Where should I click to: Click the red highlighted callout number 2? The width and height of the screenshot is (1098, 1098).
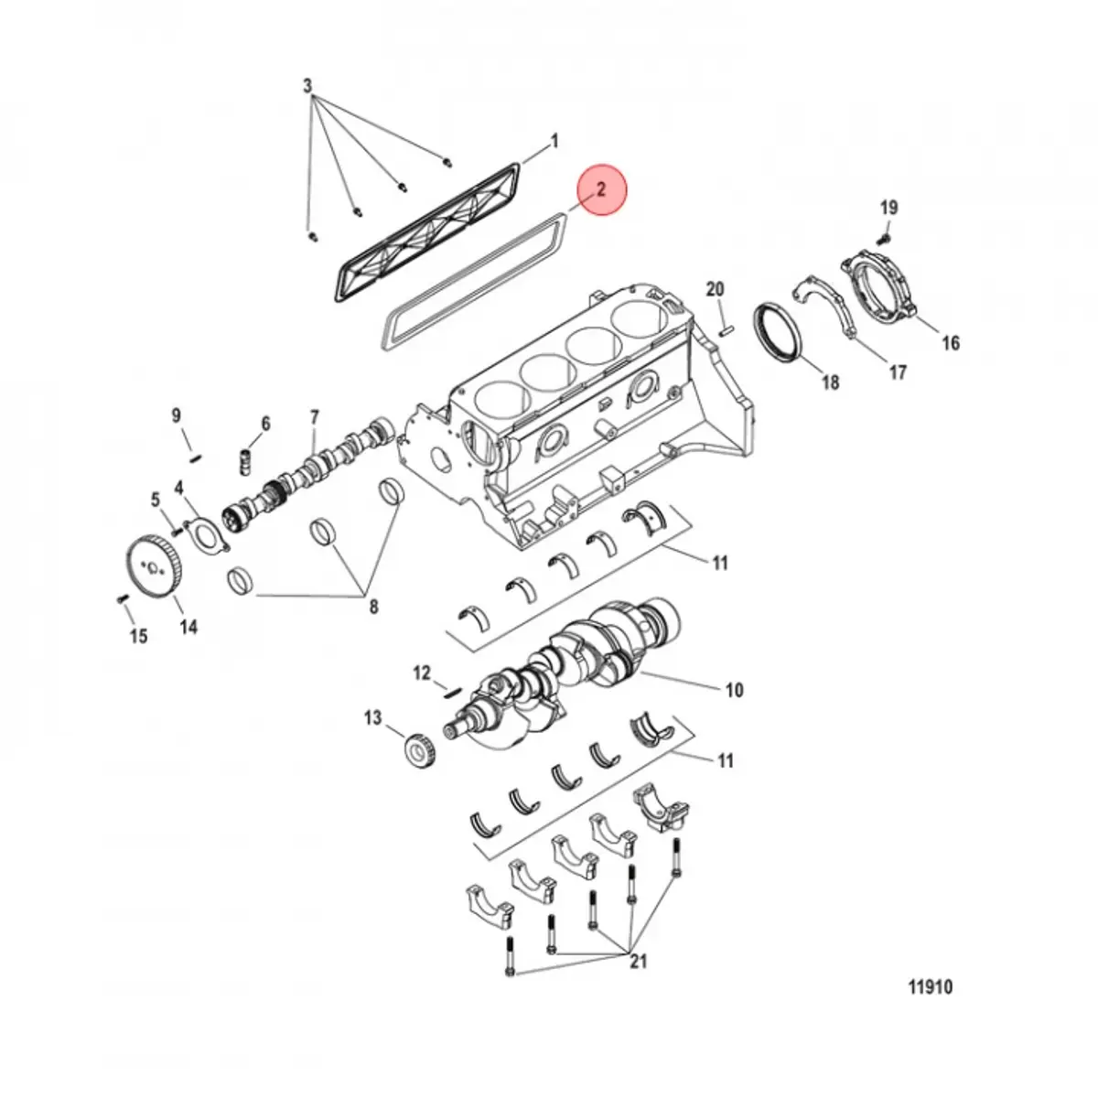point(601,190)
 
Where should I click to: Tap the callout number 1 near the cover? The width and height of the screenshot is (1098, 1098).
point(554,142)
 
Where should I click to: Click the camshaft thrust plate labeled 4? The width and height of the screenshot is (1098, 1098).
point(203,537)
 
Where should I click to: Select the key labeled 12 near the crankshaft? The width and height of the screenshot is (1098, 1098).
point(450,692)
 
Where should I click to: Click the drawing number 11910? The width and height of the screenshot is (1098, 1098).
point(930,987)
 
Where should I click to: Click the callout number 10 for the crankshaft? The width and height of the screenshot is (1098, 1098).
point(734,690)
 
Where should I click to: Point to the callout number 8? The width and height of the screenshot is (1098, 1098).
point(372,606)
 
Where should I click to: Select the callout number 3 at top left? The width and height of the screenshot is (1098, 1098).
point(307,86)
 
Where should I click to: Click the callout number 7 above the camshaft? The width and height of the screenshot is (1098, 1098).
point(314,418)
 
